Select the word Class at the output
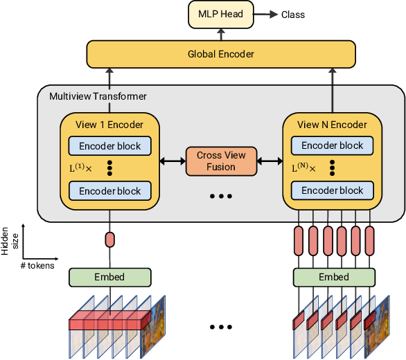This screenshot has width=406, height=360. click(292, 15)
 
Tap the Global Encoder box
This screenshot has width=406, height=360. click(221, 54)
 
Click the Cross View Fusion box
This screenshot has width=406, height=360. click(221, 161)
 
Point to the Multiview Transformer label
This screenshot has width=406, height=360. click(98, 96)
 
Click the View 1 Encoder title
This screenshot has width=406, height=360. click(109, 125)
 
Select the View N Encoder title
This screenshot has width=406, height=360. click(332, 125)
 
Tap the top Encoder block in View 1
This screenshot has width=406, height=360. click(109, 146)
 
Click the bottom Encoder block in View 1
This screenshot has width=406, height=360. click(109, 191)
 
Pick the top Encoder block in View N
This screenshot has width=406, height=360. click(332, 145)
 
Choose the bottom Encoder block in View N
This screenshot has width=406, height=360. click(332, 190)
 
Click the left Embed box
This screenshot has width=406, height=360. click(109, 277)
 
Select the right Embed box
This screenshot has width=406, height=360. click(332, 277)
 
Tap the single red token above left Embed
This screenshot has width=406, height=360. click(109, 240)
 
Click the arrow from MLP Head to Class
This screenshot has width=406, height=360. click(267, 15)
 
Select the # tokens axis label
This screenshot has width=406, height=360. click(37, 264)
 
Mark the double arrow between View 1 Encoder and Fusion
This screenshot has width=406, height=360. click(173, 161)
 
